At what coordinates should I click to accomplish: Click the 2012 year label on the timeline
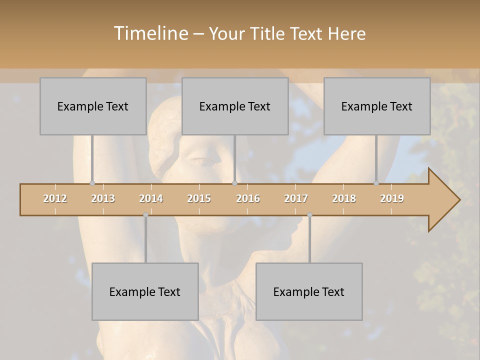[55, 198]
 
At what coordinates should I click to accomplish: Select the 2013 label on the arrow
[103, 198]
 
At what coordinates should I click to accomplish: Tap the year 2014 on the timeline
[151, 198]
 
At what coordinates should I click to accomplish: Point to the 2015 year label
[199, 198]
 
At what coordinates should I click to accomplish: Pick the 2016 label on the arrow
[248, 198]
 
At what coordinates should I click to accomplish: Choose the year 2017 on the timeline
[296, 198]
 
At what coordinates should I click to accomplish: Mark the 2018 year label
[344, 198]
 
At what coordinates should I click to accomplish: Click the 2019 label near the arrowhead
[392, 198]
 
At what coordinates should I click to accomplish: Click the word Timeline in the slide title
[150, 33]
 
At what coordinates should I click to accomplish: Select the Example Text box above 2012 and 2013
[93, 106]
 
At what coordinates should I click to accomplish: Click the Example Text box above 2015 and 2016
[235, 106]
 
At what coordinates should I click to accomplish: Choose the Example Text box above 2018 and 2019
[377, 106]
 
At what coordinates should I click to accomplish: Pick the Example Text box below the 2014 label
[145, 291]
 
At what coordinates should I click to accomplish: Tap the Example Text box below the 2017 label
[309, 291]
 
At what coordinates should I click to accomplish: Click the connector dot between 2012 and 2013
[92, 183]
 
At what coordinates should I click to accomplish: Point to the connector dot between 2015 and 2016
[234, 183]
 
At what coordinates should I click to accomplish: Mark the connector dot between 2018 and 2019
[376, 183]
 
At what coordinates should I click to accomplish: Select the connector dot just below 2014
[145, 215]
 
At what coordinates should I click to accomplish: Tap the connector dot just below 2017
[309, 215]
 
